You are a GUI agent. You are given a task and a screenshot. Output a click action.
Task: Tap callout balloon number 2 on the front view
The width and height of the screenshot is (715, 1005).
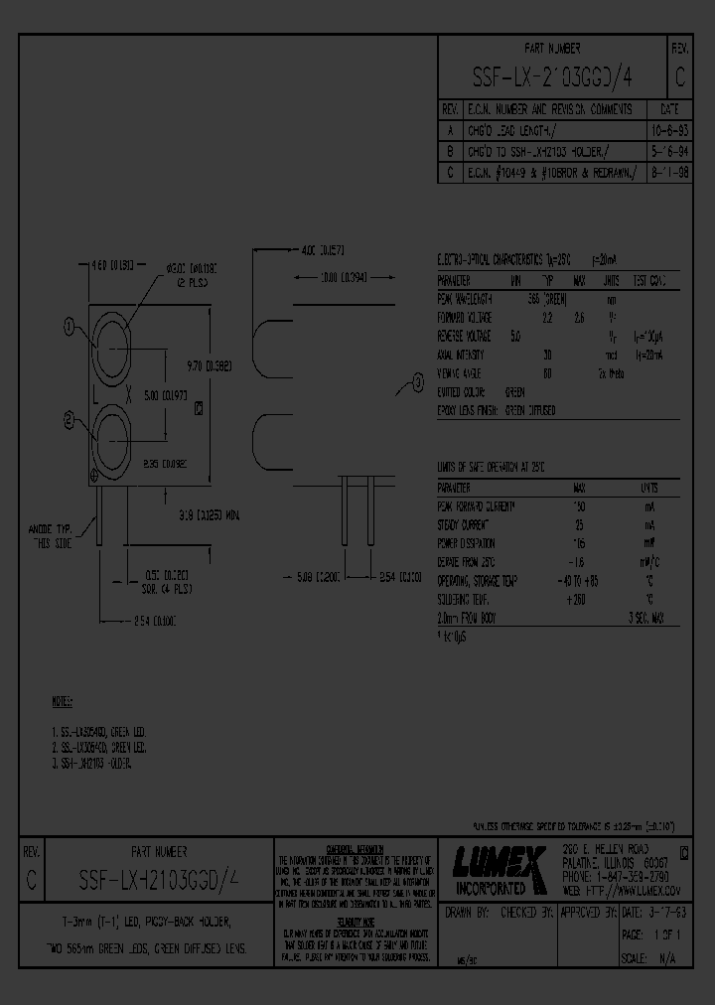pos(69,420)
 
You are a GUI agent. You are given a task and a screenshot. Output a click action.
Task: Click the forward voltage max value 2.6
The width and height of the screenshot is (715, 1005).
pos(581,318)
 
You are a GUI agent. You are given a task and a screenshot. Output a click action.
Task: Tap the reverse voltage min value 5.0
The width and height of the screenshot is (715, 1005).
pos(514,336)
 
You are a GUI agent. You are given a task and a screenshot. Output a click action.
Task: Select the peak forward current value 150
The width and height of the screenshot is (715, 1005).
pos(578,506)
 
